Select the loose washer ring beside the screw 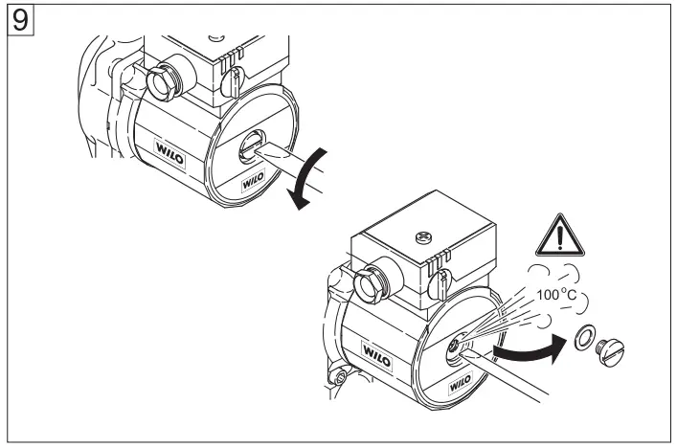[x=582, y=337]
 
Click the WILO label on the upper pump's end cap [x=250, y=179]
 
